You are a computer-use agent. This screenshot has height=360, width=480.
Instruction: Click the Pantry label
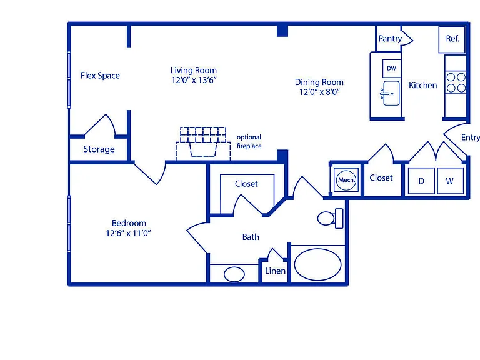(390, 39)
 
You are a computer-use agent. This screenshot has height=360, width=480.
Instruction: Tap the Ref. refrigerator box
(452, 39)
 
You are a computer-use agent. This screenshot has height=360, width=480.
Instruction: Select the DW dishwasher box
(391, 68)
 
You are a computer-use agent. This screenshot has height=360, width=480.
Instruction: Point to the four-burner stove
(456, 82)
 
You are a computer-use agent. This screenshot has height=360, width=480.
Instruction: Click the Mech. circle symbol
(346, 180)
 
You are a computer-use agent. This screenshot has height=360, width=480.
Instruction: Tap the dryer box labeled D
(421, 181)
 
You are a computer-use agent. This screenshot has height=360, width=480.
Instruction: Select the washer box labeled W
(450, 181)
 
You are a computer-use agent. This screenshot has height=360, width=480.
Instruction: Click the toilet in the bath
(331, 218)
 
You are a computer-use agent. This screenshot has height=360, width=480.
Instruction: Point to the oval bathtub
(317, 264)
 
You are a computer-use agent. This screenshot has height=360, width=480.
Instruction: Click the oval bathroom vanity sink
(234, 274)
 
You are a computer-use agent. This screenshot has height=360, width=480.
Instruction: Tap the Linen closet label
(275, 271)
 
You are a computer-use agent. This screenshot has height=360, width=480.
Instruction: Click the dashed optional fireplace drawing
(203, 143)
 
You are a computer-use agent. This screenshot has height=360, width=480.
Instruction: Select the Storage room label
(99, 149)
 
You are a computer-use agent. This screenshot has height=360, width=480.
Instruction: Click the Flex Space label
(100, 76)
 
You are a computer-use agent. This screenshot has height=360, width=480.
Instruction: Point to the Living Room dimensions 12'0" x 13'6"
(194, 80)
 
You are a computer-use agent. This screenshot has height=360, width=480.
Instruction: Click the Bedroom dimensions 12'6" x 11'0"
(129, 233)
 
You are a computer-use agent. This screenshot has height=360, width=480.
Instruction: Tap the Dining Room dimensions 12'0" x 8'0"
(319, 92)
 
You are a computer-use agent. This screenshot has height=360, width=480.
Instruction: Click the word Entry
(471, 137)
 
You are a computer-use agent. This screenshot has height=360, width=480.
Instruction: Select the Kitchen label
(422, 85)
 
